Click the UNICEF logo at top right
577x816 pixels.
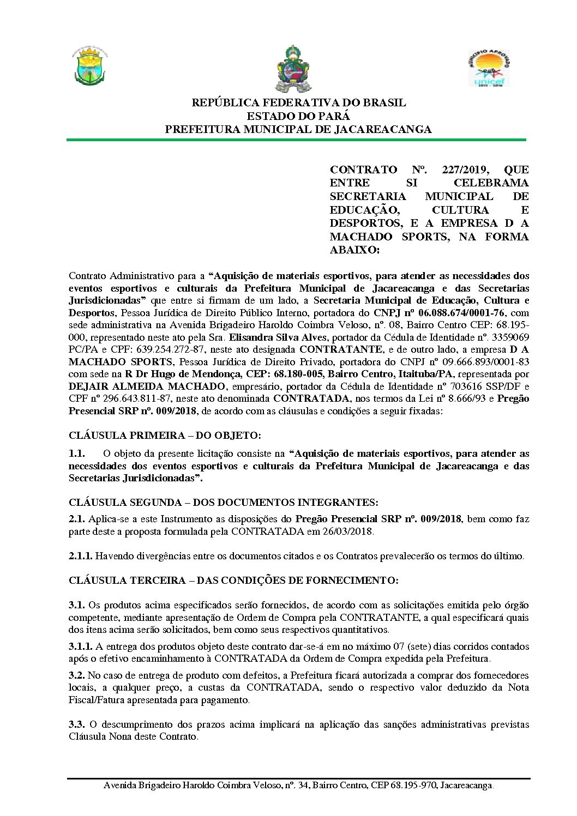[x=488, y=68]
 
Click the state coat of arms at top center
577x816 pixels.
[x=294, y=69]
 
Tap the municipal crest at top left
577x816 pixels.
[x=91, y=67]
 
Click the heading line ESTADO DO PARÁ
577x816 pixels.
[x=298, y=116]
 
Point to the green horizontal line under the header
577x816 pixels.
[x=296, y=140]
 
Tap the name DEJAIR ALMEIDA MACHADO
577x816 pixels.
[x=147, y=386]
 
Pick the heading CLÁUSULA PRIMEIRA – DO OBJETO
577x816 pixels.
[x=165, y=436]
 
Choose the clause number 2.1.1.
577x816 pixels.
[x=80, y=556]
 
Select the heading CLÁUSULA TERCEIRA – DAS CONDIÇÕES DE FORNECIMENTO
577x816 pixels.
[x=233, y=581]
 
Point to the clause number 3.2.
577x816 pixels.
[x=76, y=675]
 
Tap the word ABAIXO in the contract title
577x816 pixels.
[x=353, y=250]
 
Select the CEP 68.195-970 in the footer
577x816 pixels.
[x=403, y=785]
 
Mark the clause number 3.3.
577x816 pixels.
[x=76, y=724]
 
